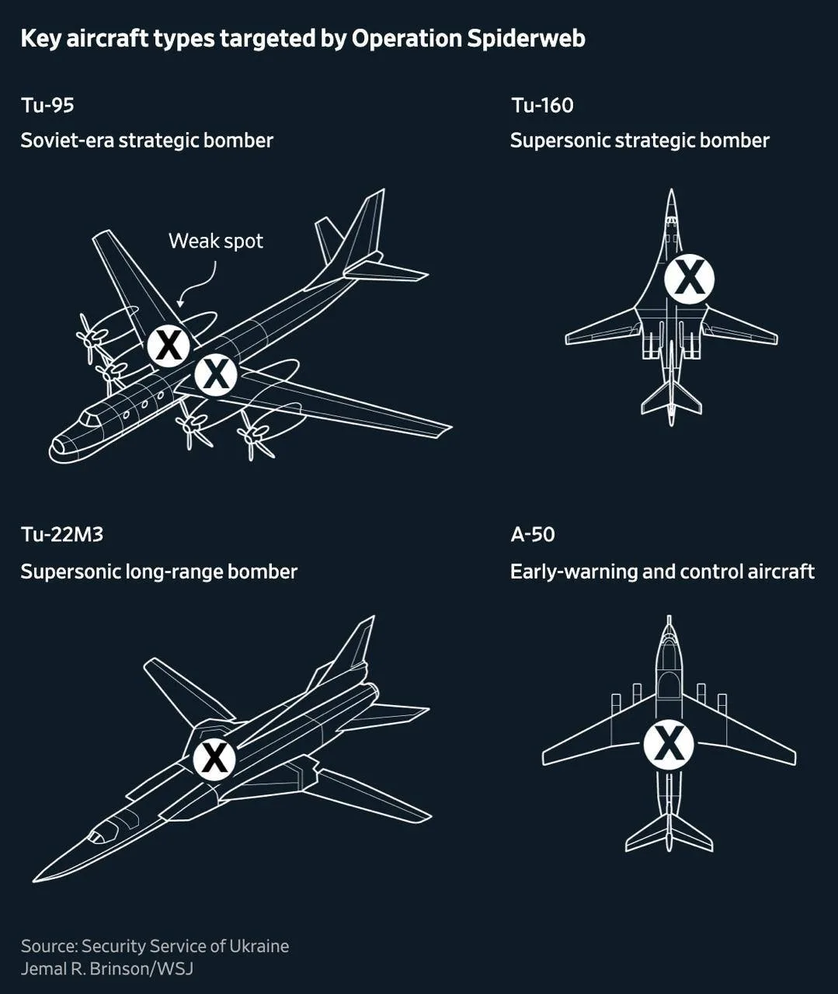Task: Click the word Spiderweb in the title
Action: coord(526,39)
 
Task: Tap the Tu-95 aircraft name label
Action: coord(47,106)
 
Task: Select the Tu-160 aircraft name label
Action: coord(542,106)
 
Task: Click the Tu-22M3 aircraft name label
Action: coord(62,534)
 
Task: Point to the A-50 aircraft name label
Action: coord(533,534)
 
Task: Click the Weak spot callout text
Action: coord(216,242)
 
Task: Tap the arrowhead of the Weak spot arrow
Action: coord(180,303)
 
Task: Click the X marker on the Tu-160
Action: coord(690,280)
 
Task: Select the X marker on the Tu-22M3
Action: coord(214,759)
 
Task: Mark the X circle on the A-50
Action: coord(669,746)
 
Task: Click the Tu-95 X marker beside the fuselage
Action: coord(216,374)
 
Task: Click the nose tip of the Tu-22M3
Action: coord(33,881)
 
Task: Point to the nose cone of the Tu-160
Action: coord(671,203)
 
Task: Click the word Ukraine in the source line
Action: coord(259,945)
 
